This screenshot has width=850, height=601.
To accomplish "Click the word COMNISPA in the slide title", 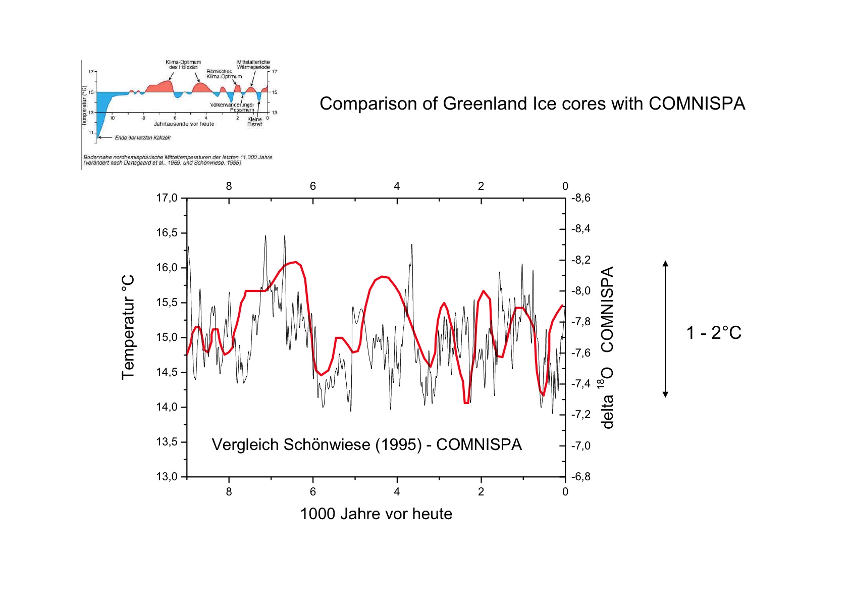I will pyautogui.click(x=697, y=104).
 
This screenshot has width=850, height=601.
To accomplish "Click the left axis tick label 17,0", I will pyautogui.click(x=167, y=198).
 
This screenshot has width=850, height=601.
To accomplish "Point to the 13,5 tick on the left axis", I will pyautogui.click(x=167, y=442).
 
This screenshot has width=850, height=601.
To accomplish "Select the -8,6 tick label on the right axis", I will pyautogui.click(x=581, y=198).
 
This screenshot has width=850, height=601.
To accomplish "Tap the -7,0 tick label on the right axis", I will pyautogui.click(x=581, y=446).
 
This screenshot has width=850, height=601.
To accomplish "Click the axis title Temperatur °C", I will pyautogui.click(x=128, y=327).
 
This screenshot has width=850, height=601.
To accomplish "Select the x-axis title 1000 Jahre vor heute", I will pyautogui.click(x=376, y=514).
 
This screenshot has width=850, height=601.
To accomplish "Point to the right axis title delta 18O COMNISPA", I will pyautogui.click(x=607, y=347).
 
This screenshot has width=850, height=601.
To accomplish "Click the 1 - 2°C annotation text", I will pyautogui.click(x=714, y=333).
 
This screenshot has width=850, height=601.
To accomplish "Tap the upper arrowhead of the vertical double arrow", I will pyautogui.click(x=665, y=263).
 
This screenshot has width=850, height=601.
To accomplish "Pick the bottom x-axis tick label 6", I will pyautogui.click(x=313, y=492).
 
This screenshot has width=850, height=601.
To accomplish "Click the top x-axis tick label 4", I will pyautogui.click(x=397, y=186).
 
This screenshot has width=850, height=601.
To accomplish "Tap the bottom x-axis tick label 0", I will pyautogui.click(x=565, y=492).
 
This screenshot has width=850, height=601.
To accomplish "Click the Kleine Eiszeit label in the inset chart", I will pyautogui.click(x=254, y=122).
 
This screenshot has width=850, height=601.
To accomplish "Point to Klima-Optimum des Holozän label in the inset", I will pyautogui.click(x=183, y=65).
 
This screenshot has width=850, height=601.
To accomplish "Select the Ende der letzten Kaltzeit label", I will pyautogui.click(x=142, y=137).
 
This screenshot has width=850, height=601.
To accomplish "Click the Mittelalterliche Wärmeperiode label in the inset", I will pyautogui.click(x=253, y=65).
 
